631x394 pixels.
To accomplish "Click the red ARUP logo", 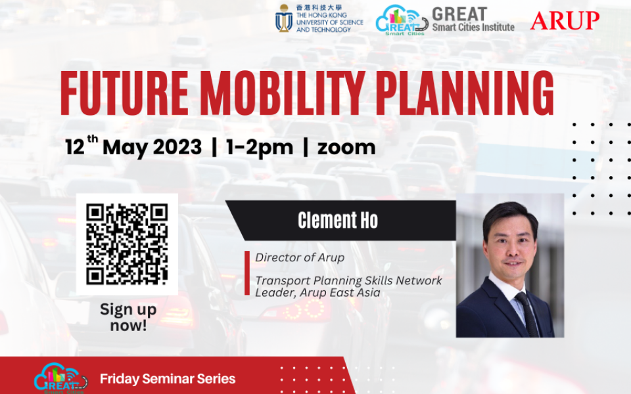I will click(565, 20).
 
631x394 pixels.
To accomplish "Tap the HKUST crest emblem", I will click(284, 18).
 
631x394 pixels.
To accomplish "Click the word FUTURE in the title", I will click(124, 93).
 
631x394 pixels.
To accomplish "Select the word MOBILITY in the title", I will click(295, 93).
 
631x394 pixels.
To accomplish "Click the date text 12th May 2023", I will click(133, 147).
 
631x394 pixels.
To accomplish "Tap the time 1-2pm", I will click(259, 147).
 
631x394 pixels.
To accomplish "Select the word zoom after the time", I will click(346, 147).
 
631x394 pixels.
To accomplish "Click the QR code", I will click(128, 244).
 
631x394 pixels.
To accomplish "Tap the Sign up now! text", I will click(128, 317).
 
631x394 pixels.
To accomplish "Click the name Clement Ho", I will click(338, 221).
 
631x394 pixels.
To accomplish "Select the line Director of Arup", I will click(300, 257).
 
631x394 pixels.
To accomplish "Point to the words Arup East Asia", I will click(343, 293).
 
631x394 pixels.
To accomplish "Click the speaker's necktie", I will click(527, 315).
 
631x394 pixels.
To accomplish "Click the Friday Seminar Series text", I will click(168, 379).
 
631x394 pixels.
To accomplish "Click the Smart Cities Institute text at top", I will click(473, 28).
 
